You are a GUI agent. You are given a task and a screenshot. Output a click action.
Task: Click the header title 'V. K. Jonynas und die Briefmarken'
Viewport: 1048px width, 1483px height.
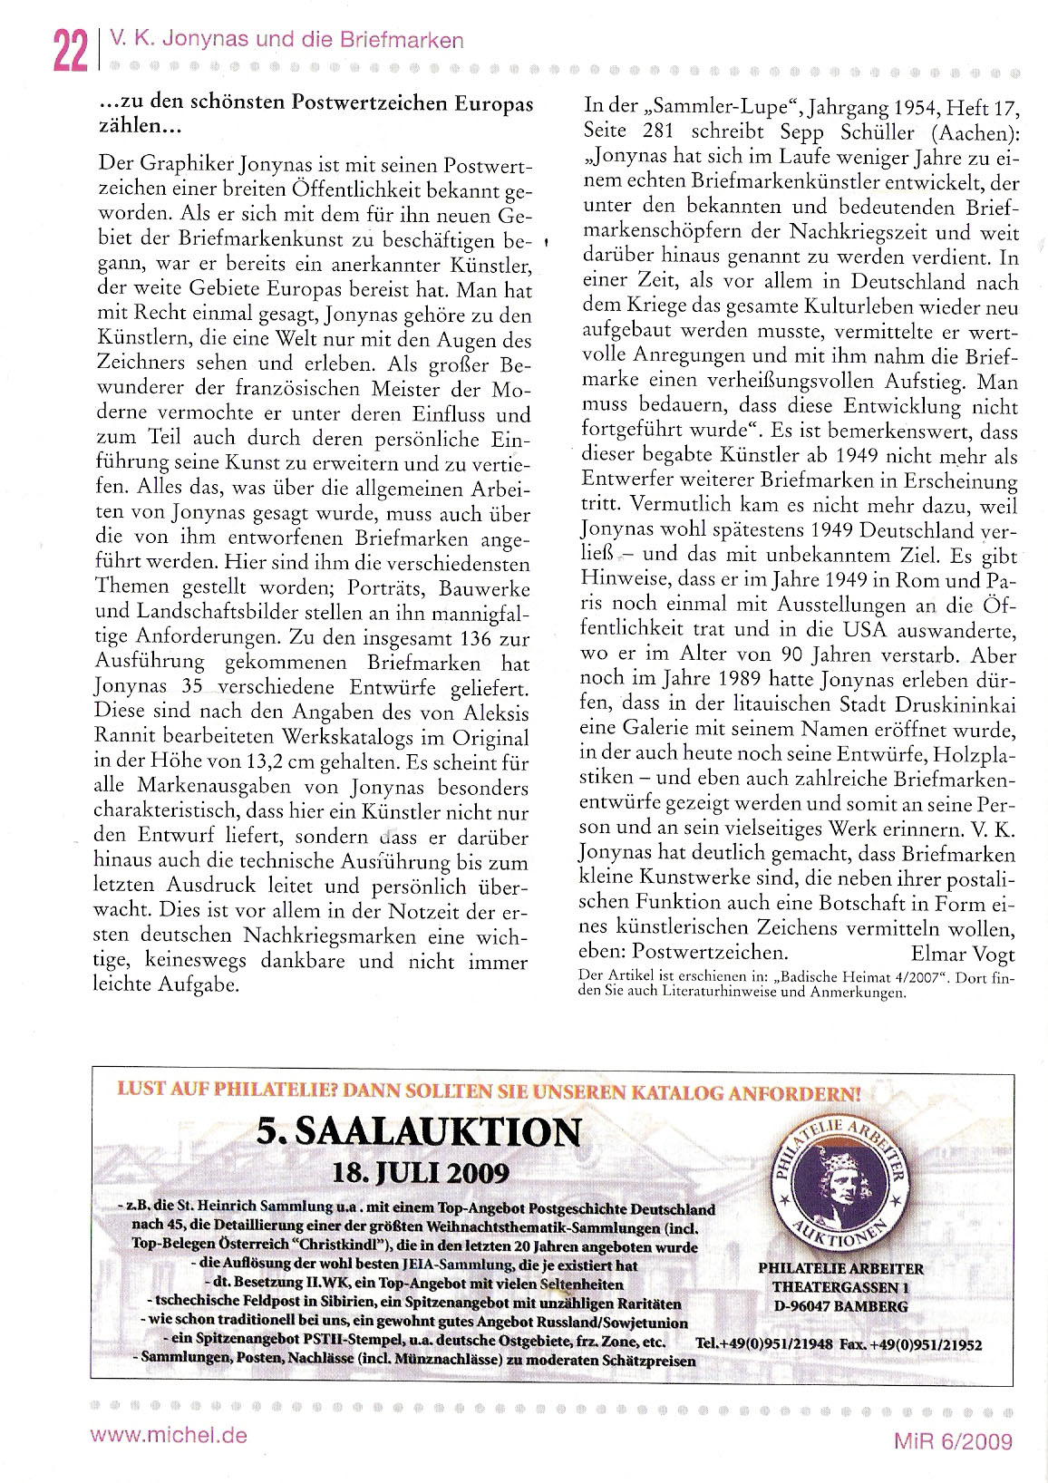tap(285, 40)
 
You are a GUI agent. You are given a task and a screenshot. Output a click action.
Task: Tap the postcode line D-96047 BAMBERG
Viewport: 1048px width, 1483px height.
tap(840, 1306)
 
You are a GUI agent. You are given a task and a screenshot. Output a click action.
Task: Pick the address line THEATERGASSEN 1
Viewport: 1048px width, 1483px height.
tap(840, 1287)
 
